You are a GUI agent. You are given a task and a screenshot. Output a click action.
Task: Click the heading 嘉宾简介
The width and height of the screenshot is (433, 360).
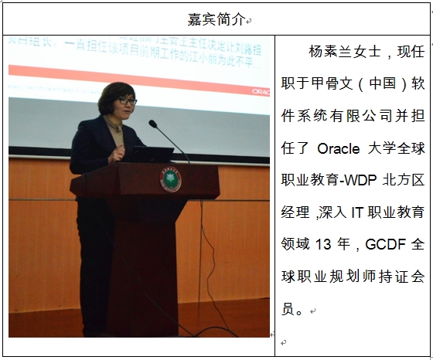tap(216, 18)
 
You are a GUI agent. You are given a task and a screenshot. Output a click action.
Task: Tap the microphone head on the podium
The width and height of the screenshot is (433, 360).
tap(152, 123)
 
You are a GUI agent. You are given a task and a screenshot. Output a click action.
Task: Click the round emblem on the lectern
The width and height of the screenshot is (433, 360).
tap(170, 178)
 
